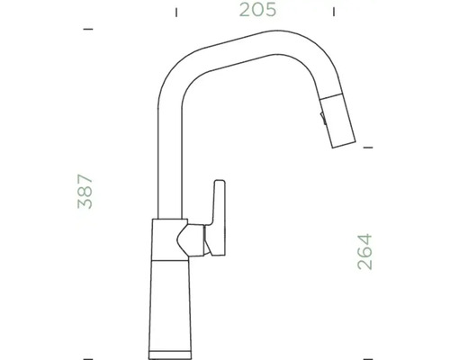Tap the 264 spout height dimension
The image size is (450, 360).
[x=364, y=253]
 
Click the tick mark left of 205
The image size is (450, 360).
[x=176, y=13]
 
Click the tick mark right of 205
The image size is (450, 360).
[x=336, y=13]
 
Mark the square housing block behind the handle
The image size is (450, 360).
[x=166, y=238]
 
